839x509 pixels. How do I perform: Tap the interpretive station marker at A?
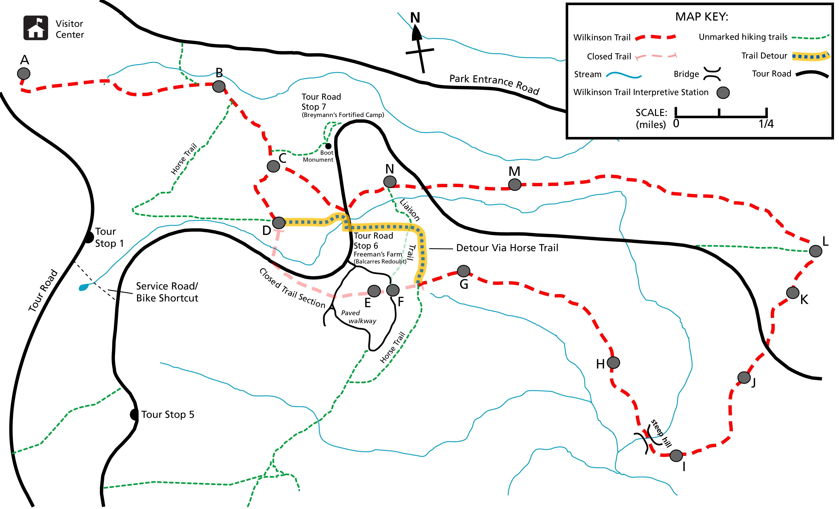tap(24, 73)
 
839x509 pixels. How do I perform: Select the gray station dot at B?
tap(219, 86)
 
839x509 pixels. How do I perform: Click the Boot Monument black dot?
tap(328, 146)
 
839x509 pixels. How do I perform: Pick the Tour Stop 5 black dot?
tap(134, 414)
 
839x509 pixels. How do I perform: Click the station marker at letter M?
tap(515, 185)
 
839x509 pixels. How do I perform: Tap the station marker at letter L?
tap(815, 251)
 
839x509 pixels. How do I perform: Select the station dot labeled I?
tap(676, 455)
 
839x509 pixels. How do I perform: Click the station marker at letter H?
tap(613, 363)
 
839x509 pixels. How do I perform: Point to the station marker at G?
tap(463, 271)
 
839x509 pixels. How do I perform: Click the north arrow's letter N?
tap(415, 18)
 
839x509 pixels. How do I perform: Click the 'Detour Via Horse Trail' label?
tap(507, 248)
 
